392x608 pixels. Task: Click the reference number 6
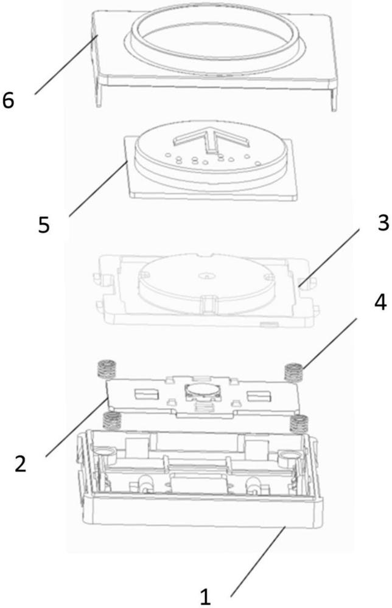pyautogui.click(x=8, y=100)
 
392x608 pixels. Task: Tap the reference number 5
pyautogui.click(x=44, y=225)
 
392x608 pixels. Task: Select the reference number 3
pyautogui.click(x=383, y=223)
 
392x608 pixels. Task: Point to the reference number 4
pyautogui.click(x=380, y=302)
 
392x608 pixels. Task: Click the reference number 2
pyautogui.click(x=20, y=464)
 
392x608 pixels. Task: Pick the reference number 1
pyautogui.click(x=205, y=596)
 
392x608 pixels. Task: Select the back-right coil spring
pyautogui.click(x=293, y=372)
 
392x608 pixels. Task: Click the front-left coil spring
pyautogui.click(x=110, y=421)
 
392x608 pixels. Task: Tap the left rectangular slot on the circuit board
pyautogui.click(x=146, y=395)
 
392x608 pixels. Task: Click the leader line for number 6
pyautogui.click(x=66, y=64)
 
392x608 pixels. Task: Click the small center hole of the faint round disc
pyautogui.click(x=206, y=277)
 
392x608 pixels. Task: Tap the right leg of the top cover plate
pyautogui.click(x=334, y=100)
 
